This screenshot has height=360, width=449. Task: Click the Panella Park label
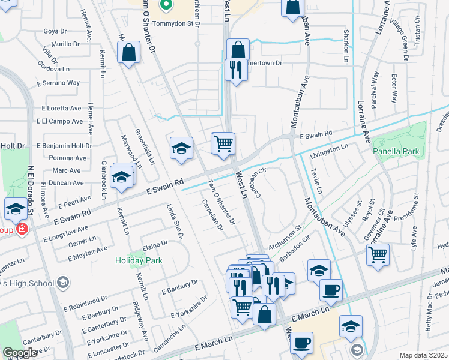[x=396, y=152]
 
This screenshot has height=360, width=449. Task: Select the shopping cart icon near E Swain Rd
[x=223, y=143]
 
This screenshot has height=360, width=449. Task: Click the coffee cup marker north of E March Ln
[x=331, y=290]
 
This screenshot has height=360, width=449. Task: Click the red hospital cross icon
[x=22, y=229]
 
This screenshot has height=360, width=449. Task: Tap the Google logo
[x=20, y=353]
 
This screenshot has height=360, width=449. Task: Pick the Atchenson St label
[x=284, y=238]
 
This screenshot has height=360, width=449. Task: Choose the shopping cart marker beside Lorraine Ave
[x=378, y=254]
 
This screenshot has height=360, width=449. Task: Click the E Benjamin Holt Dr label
[x=64, y=146]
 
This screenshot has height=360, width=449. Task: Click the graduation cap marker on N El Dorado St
[x=16, y=209]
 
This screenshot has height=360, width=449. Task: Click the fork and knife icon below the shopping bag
[x=236, y=69]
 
